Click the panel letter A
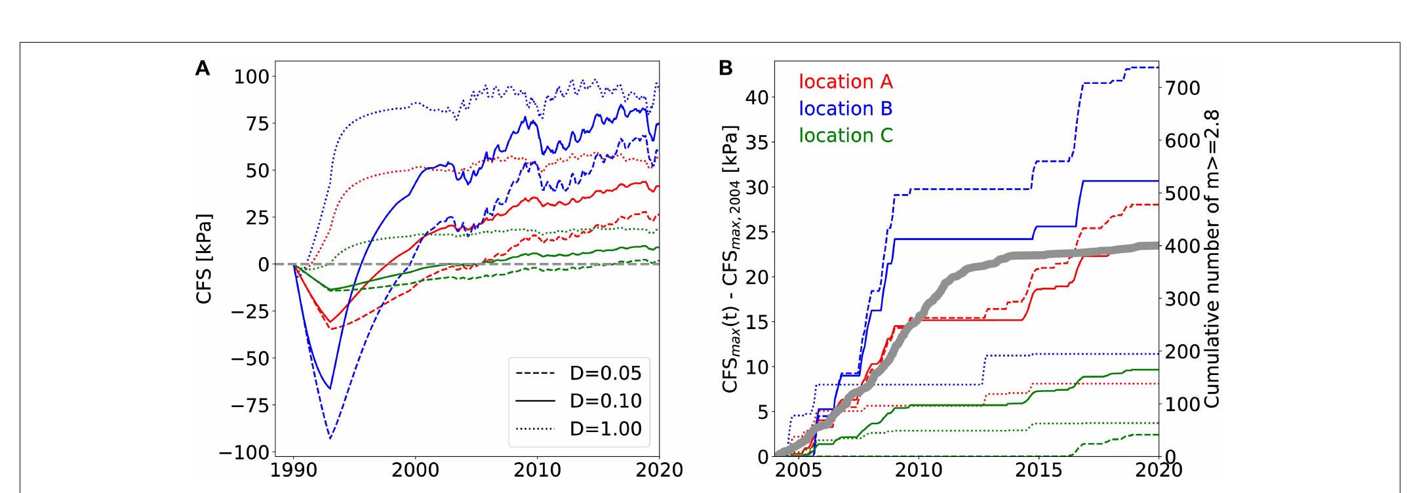coord(203,68)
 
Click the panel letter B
coord(726,68)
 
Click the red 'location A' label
coord(845,82)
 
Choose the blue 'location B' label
coord(845,108)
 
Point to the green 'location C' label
coord(845,135)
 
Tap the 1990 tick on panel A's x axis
coord(293,470)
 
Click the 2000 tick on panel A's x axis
coord(415,470)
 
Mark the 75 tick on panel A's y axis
coord(252,123)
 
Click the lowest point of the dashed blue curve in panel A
coord(330,439)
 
